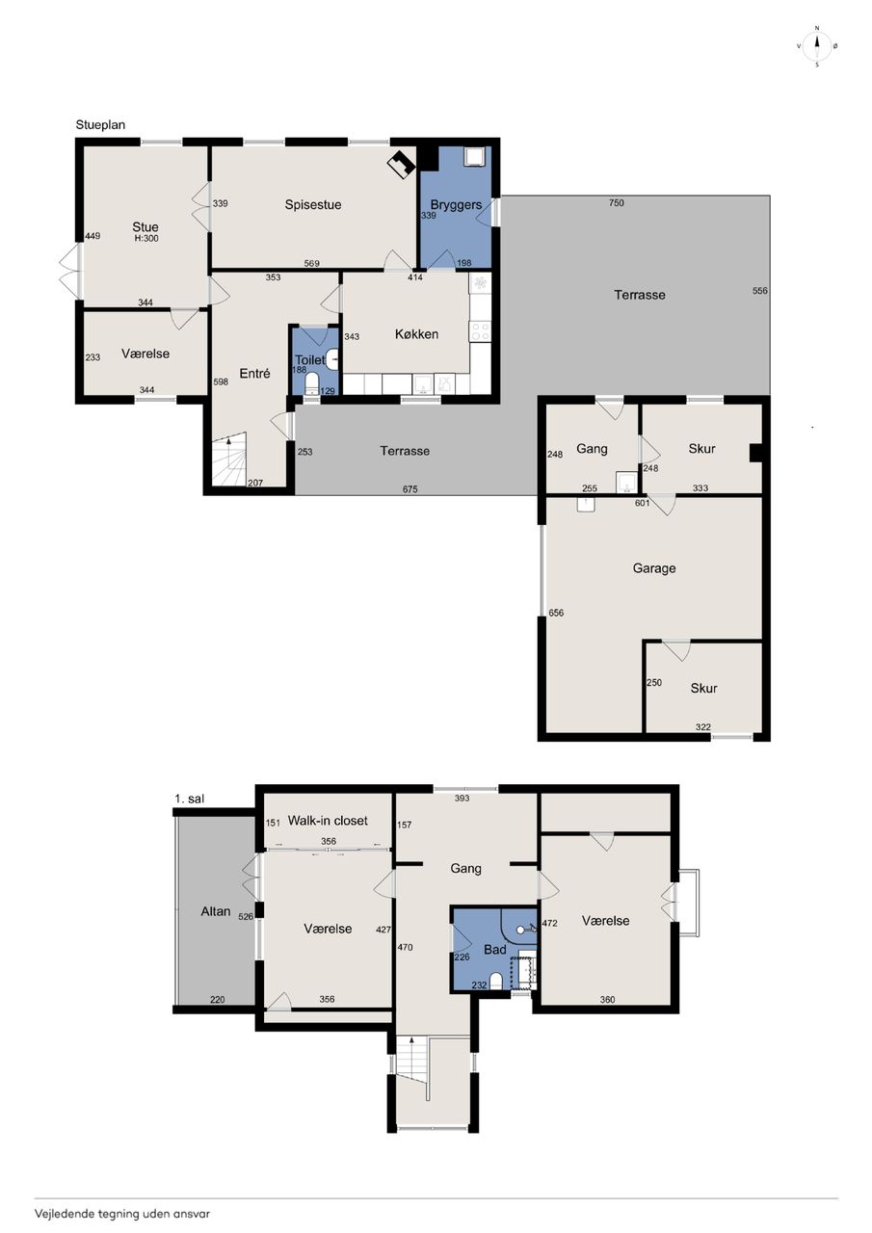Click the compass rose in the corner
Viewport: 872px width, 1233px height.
coord(817,46)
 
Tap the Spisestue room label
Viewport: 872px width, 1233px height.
coord(313,205)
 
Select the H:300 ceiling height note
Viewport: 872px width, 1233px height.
coord(145,238)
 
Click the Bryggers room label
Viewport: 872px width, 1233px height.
coord(456,205)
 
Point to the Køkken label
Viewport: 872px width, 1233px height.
coord(417,334)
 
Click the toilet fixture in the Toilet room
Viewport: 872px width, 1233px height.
coord(311,383)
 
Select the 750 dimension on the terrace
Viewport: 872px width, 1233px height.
coord(617,202)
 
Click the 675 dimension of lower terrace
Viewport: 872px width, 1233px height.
coord(410,488)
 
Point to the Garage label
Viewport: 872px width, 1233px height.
coord(654,568)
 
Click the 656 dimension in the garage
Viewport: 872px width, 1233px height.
coord(556,613)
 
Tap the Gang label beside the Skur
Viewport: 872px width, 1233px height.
coord(592,449)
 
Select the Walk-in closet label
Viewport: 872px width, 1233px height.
coord(328,820)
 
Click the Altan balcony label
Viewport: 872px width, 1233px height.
coord(215,911)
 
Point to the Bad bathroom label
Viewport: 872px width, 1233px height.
coord(495,950)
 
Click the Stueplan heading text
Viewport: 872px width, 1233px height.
coord(100,125)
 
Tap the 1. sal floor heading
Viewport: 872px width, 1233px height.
coord(190,799)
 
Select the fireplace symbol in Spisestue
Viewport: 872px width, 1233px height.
coord(402,164)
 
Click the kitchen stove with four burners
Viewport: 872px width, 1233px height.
coord(480,331)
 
